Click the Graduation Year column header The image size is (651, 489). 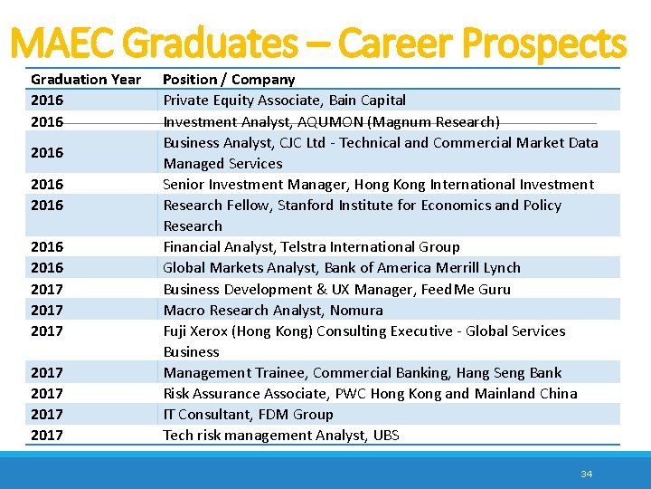tap(86, 79)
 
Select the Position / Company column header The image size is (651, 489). tap(229, 79)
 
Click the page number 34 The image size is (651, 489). tap(586, 474)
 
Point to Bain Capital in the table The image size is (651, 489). tap(367, 100)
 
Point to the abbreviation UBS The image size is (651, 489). tap(385, 435)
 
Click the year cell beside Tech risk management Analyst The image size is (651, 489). tap(47, 435)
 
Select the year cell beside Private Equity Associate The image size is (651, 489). tap(47, 100)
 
